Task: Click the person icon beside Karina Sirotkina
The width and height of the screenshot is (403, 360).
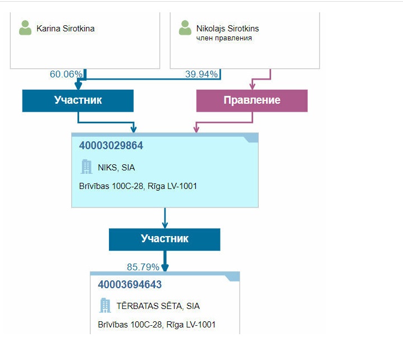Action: click(25, 28)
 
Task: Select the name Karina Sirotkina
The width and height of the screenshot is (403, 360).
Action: click(65, 28)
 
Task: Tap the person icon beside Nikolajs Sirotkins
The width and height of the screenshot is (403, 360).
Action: click(185, 28)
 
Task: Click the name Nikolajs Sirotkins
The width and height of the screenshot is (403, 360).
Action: click(227, 29)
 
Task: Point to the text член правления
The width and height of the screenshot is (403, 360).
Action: click(224, 38)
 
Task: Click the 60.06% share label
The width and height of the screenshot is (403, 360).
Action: click(66, 74)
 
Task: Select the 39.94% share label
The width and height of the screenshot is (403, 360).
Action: click(201, 74)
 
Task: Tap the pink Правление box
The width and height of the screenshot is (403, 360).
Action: click(252, 100)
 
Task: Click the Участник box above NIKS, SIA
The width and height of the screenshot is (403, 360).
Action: click(78, 100)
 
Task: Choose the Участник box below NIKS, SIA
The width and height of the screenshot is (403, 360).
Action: click(164, 238)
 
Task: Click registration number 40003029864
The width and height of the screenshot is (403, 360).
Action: click(111, 146)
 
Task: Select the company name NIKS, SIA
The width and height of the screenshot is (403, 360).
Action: click(116, 167)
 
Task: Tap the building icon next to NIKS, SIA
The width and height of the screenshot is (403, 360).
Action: click(86, 167)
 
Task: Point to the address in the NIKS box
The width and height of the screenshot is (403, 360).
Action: click(138, 186)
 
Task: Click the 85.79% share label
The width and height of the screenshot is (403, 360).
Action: click(143, 267)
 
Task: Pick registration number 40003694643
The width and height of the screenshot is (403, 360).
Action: click(130, 285)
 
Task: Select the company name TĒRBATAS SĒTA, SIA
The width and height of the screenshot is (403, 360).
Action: click(158, 306)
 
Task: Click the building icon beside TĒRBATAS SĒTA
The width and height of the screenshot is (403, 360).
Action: click(105, 306)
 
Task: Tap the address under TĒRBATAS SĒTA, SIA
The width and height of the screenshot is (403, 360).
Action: click(157, 325)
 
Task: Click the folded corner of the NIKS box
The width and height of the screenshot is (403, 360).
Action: click(252, 139)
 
